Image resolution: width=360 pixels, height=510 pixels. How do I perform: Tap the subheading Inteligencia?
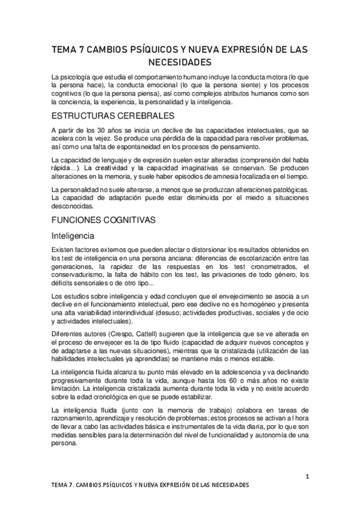pyautogui.click(x=76, y=235)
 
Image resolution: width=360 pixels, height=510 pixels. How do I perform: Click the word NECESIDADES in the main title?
pyautogui.click(x=180, y=62)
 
